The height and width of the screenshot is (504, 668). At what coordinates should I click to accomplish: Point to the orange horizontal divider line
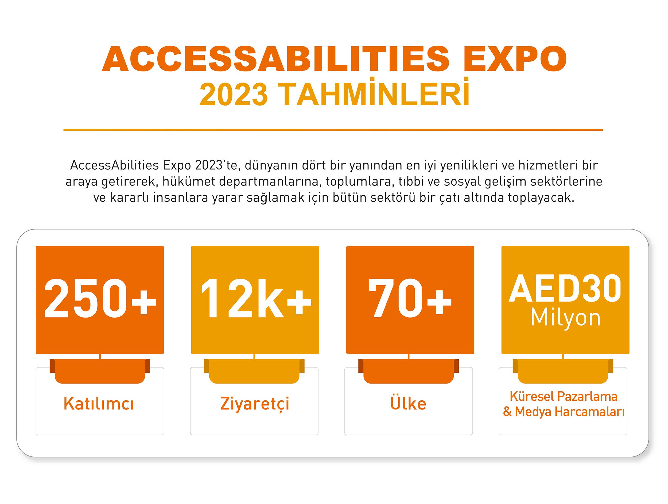pos(333,130)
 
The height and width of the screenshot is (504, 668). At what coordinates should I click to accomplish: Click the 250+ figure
pos(100,298)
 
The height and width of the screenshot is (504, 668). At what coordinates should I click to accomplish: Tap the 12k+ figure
pos(256,298)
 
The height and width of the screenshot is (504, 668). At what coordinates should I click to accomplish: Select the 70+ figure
pos(410,298)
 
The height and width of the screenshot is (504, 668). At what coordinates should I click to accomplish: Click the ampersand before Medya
pos(507,412)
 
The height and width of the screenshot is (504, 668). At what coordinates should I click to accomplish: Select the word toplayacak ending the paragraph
pos(541,198)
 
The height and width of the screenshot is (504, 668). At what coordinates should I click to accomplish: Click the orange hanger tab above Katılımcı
pos(100,371)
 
